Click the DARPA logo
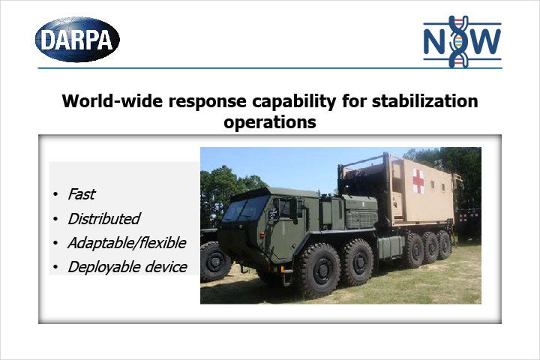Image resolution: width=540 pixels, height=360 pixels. point(77,40)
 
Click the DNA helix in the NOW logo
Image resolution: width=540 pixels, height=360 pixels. point(458,41)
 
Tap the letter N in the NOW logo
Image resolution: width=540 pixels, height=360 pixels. point(436,41)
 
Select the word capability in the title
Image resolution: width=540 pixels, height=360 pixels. point(294,102)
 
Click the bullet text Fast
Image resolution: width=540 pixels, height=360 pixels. point(81,194)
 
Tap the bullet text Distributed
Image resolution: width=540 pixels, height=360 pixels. point(104,218)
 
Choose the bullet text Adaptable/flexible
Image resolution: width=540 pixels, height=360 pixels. point(127,243)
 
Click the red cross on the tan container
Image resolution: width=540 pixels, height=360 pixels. point(418,181)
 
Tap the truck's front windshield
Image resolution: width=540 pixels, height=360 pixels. point(245,208)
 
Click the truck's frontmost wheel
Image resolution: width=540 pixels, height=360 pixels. point(318,270)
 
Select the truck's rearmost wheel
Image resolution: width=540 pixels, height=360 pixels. point(444,245)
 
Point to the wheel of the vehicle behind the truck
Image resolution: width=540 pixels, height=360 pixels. point(214,262)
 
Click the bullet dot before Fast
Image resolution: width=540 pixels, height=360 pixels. point(55,194)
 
